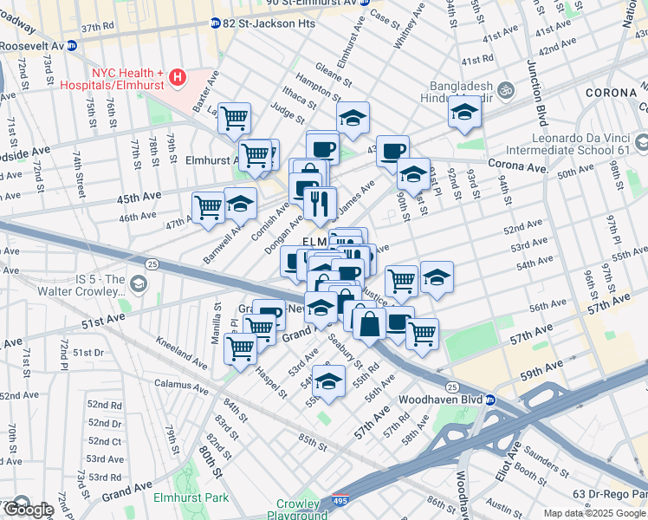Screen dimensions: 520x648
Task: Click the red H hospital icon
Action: coord(178,77)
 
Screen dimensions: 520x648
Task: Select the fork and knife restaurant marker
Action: coord(321,203)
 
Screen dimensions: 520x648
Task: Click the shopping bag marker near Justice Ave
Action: coord(369,324)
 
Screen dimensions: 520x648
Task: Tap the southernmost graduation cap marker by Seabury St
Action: coord(328,381)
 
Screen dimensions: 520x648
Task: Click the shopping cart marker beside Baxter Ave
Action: coord(234,117)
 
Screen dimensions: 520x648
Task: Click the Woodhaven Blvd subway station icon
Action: coord(489,400)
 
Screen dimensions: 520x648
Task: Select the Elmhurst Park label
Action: coord(191,497)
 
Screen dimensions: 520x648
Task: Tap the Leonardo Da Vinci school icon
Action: coord(641,143)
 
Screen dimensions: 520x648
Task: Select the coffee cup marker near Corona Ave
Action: coord(392,150)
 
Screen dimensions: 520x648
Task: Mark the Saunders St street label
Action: coord(542,458)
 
